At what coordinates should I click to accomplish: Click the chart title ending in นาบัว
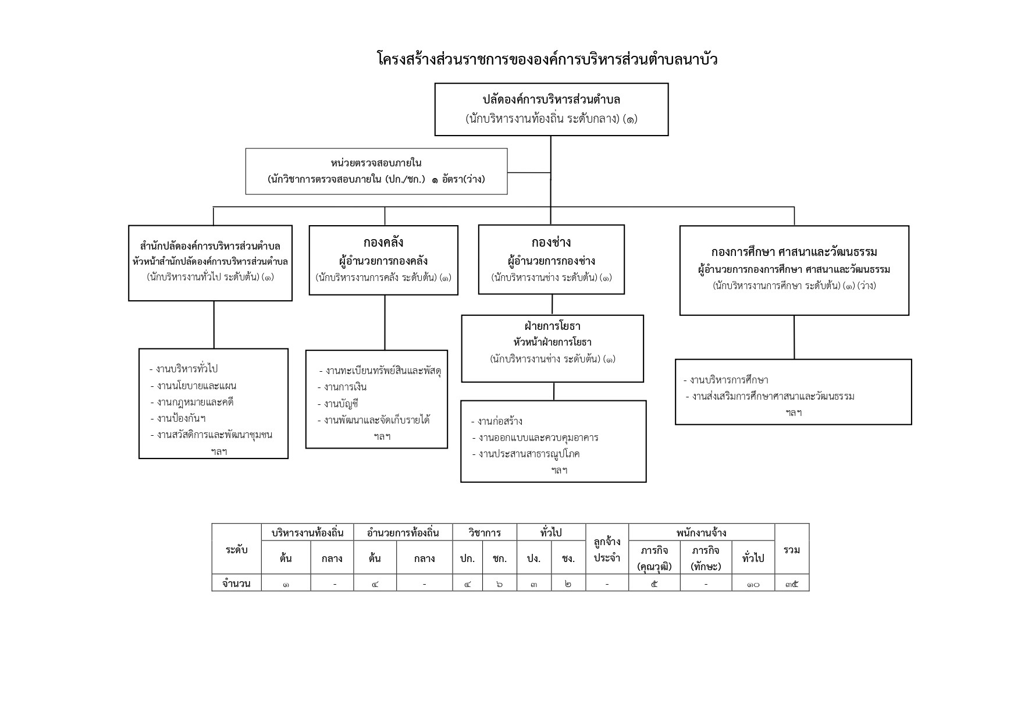click(x=547, y=59)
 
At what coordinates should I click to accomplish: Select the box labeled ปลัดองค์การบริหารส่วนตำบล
click(x=552, y=109)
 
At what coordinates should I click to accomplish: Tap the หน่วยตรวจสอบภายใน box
click(x=376, y=171)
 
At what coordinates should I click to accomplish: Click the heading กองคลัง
click(x=383, y=242)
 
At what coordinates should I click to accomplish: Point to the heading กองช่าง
click(x=551, y=242)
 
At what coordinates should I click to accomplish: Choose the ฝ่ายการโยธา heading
click(x=552, y=326)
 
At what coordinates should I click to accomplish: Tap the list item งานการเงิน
click(x=342, y=387)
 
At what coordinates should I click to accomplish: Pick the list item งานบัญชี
click(x=337, y=404)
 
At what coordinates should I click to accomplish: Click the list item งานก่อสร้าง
click(x=497, y=421)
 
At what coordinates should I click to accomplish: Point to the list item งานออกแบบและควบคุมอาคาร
click(x=535, y=438)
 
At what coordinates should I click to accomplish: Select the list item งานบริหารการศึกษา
click(x=726, y=380)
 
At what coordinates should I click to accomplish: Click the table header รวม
click(x=792, y=549)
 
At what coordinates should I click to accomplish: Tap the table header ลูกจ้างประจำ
click(x=607, y=550)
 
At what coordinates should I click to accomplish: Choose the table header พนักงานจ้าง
click(x=701, y=532)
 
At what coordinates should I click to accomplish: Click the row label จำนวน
click(x=236, y=583)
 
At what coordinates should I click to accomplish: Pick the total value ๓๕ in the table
click(x=792, y=584)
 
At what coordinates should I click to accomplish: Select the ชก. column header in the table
click(x=500, y=559)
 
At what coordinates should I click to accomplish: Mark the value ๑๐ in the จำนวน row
click(x=753, y=584)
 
